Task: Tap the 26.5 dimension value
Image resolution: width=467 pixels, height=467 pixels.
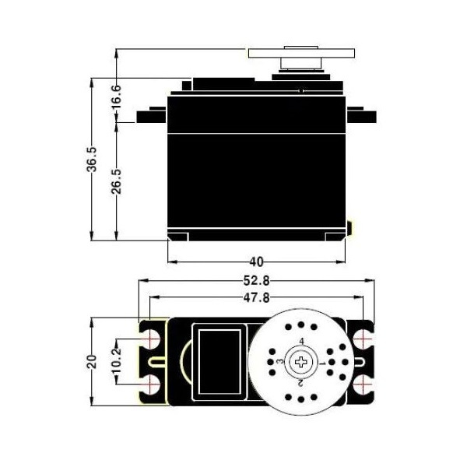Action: coord(117,181)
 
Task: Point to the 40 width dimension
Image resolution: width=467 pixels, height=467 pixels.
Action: coord(256,262)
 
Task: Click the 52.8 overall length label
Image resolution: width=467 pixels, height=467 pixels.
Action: coord(256,280)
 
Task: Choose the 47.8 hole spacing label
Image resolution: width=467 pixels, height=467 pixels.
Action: coord(256,297)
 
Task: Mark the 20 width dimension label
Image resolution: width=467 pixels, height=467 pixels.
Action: coord(92,362)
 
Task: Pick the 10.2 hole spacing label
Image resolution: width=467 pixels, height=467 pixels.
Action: coord(117,361)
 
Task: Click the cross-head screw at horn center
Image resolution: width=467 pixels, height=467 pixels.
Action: coord(301,362)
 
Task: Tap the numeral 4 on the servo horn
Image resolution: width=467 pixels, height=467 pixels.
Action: coord(302,342)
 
